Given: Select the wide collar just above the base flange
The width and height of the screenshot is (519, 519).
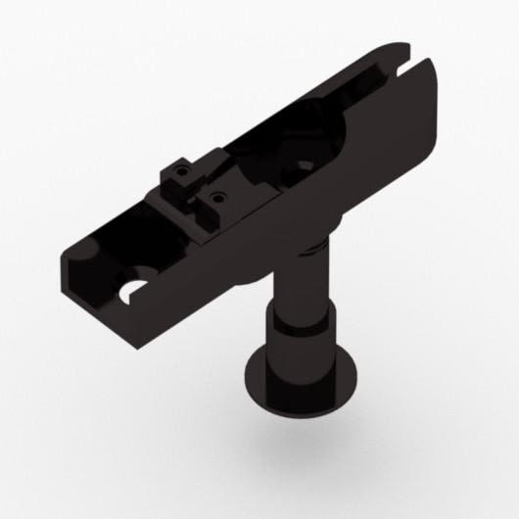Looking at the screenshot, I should pos(298,348).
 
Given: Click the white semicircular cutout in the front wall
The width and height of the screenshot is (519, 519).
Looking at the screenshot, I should pos(130,289).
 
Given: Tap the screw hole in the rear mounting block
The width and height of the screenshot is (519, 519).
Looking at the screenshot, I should pos(181,171).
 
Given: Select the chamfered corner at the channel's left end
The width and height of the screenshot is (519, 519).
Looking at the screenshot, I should pos(67,257).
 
